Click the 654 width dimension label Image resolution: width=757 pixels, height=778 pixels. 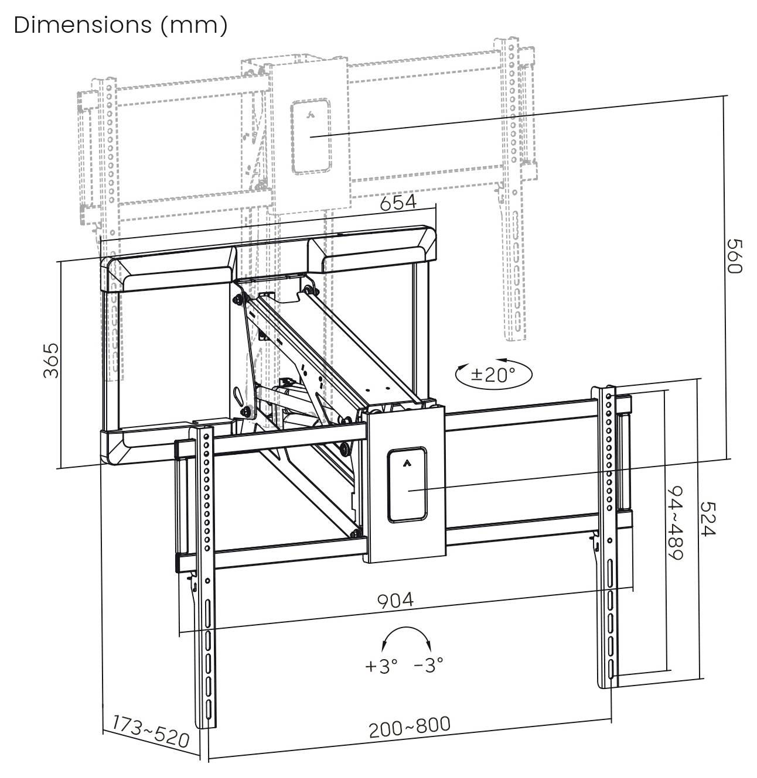point(398,203)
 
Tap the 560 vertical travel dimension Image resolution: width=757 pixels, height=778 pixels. point(734,255)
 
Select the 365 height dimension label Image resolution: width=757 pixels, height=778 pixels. point(52,361)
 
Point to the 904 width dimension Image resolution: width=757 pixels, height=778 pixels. point(394,601)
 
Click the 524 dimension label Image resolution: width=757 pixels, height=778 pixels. point(707,518)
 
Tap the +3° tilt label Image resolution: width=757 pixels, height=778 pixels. point(381,666)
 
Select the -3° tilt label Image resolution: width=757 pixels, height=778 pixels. point(428,665)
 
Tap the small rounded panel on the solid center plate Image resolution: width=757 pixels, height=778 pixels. point(406,485)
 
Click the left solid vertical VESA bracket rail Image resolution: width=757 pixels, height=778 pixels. point(206,574)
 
